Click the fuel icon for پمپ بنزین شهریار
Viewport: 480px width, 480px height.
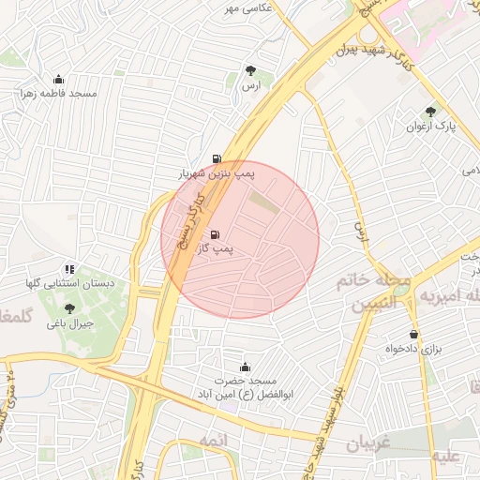[217, 158]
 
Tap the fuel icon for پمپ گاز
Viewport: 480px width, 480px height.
[217, 235]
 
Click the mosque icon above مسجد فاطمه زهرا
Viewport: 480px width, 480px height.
[59, 79]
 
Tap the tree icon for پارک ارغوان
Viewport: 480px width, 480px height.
[430, 111]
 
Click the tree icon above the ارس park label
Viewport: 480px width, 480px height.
[249, 70]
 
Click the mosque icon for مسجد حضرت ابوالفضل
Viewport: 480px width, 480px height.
[246, 366]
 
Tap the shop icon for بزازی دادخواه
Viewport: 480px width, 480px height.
[413, 334]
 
